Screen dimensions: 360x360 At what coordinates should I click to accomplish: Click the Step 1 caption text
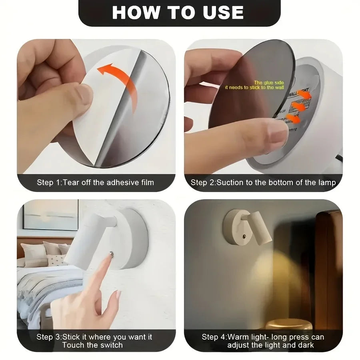[x=95, y=182]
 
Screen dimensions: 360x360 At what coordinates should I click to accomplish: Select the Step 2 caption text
[x=263, y=182]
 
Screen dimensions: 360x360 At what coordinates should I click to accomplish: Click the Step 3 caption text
[x=94, y=340]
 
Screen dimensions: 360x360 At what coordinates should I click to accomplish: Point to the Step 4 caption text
[x=263, y=340]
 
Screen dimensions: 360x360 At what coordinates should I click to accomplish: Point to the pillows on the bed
[x=44, y=252]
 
